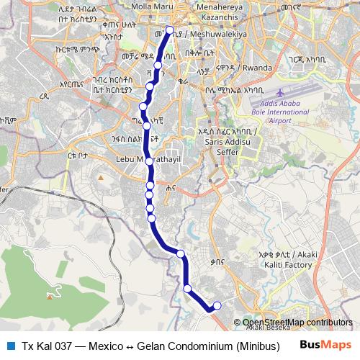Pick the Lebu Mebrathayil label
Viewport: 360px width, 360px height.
click(x=140, y=158)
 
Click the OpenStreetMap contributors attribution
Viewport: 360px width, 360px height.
click(x=297, y=322)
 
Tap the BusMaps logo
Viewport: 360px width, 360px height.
click(x=325, y=344)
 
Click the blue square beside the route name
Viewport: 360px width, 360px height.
click(x=10, y=344)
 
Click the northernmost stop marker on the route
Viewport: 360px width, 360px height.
click(x=171, y=30)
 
